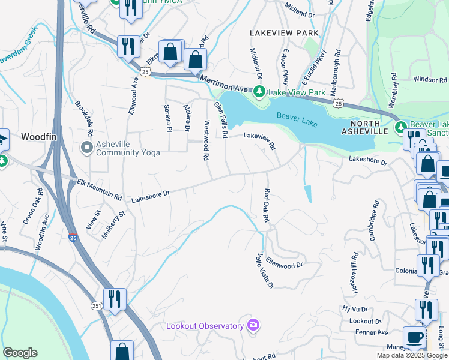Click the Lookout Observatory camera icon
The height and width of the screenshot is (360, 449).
point(253,325)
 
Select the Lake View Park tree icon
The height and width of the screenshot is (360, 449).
point(259,92)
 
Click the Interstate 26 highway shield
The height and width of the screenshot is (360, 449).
point(73,238)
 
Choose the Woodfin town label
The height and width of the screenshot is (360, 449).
point(38,137)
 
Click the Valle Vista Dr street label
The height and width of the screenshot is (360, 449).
point(265,270)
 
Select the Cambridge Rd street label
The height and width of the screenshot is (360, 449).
point(374,224)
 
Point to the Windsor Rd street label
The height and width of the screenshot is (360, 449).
point(430,79)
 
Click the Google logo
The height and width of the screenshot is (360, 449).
point(20,353)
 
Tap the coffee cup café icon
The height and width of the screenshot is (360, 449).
point(414,337)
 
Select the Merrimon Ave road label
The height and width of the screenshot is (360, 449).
point(223,84)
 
